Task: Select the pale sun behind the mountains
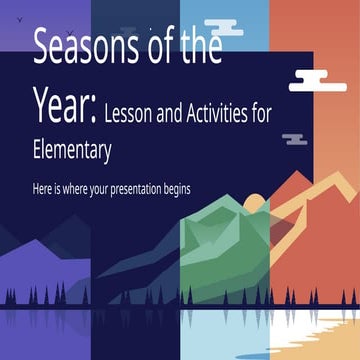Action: tap(253, 206)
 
